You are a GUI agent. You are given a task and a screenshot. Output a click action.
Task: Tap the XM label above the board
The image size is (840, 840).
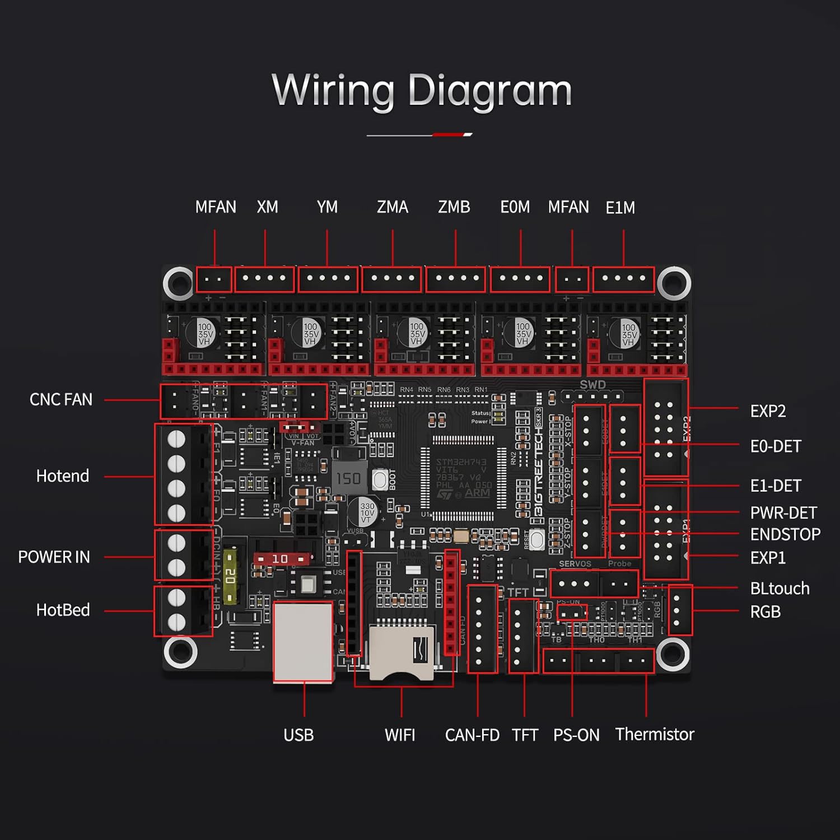pos(267,207)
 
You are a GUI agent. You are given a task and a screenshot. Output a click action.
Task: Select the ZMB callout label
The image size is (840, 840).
pos(454,207)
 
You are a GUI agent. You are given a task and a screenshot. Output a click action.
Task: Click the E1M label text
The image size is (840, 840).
pos(620,208)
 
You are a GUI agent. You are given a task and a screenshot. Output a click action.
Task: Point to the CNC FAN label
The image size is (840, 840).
pos(60,400)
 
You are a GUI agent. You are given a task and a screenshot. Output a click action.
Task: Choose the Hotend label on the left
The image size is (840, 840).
pos(62,476)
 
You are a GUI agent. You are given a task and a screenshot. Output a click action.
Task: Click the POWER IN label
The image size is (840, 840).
pos(54,557)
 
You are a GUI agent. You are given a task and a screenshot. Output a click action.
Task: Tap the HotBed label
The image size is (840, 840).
pos(63,610)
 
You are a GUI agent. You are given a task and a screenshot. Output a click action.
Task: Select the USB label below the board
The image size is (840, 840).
pos(298,735)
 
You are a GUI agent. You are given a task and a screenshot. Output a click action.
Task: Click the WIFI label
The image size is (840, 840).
pos(400,735)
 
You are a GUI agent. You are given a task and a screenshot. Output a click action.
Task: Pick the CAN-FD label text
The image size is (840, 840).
pos(472,735)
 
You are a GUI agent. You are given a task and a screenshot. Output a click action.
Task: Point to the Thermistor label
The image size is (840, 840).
pos(655,734)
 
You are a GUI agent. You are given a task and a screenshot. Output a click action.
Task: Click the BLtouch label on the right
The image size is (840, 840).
pos(780,589)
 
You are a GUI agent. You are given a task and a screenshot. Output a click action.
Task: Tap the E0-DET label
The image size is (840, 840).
pos(776,446)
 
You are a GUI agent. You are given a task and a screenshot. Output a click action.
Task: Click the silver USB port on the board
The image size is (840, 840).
pos(303,641)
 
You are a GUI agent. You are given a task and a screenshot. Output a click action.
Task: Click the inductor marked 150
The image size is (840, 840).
pos(348,478)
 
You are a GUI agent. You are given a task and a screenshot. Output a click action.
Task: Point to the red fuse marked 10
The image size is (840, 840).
pos(282,559)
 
